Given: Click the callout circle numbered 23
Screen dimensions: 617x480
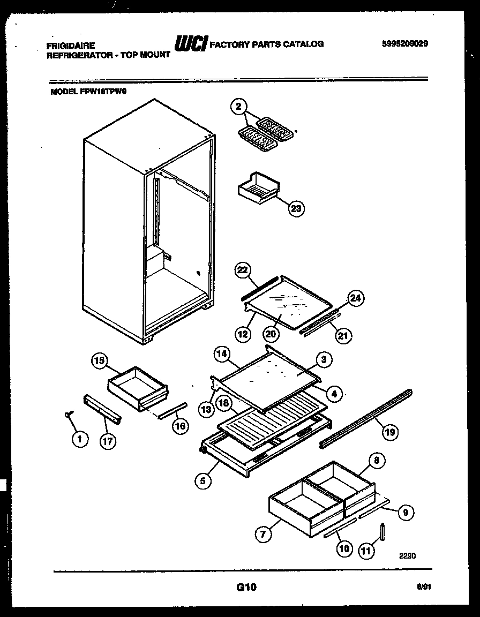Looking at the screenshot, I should point(296,208).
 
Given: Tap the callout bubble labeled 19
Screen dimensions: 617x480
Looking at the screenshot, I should point(391,432).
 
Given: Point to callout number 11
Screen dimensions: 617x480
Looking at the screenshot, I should point(366,551).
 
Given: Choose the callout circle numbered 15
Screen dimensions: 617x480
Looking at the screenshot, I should point(99,361).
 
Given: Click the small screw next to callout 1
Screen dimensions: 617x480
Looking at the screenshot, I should point(69,415).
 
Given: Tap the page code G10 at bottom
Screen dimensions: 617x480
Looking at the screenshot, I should point(246,588).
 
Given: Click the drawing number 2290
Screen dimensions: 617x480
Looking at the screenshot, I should point(407,556).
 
